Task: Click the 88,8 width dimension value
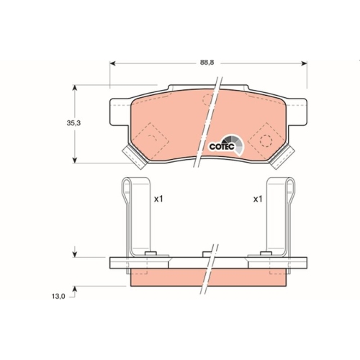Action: [x=207, y=63]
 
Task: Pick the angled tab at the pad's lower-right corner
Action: [x=285, y=155]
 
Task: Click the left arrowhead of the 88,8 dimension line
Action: [x=112, y=63]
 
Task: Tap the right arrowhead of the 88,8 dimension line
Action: [x=305, y=63]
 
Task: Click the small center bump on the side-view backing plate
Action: [x=207, y=253]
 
